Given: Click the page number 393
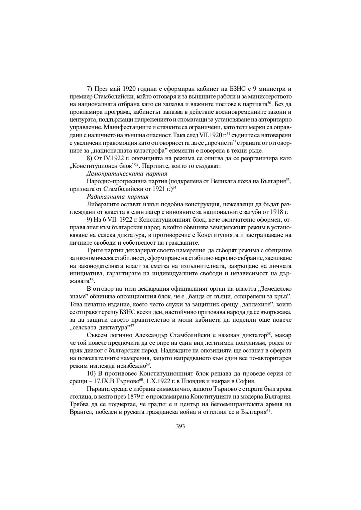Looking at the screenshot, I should [180, 426].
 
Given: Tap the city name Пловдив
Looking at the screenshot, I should [199, 381].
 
